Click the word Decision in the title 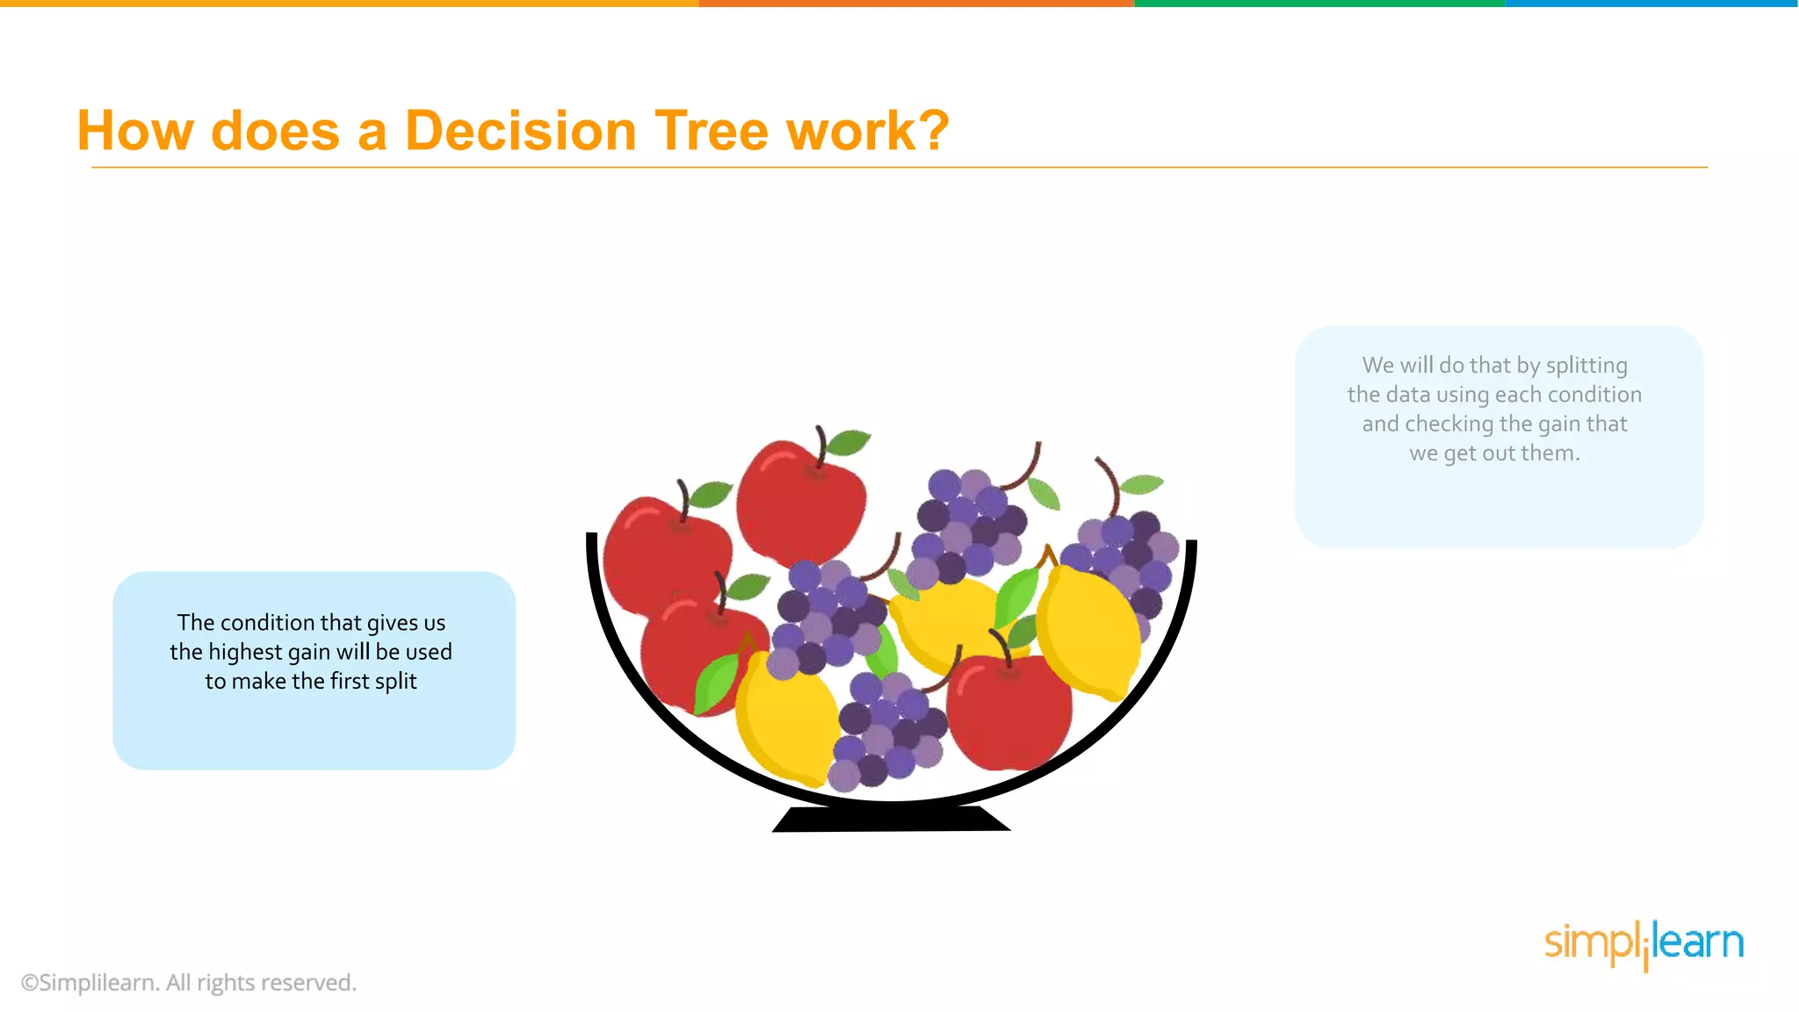pos(520,132)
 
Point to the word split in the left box pos(395,682)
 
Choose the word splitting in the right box pos(1586,365)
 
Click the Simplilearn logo pos(1644,943)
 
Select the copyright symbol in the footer pos(29,983)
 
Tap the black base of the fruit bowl pos(891,820)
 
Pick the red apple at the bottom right pos(1010,712)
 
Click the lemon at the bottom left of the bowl pos(786,720)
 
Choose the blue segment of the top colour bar pos(1651,4)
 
